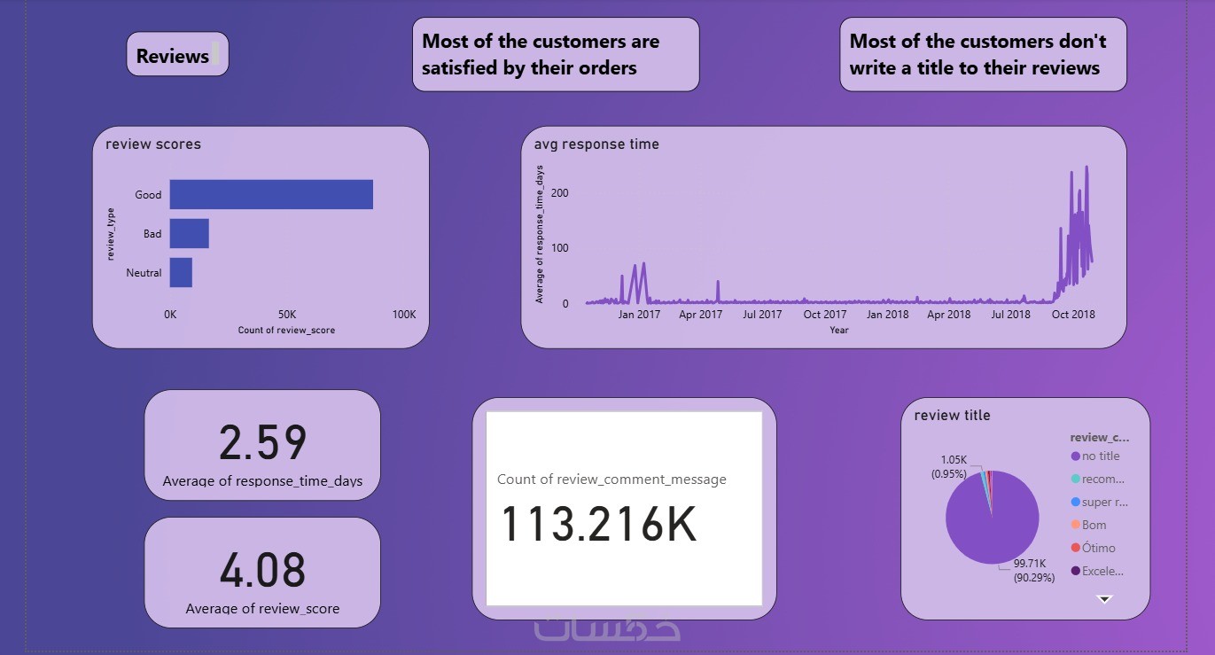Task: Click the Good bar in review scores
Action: pos(271,194)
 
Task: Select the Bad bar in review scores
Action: pos(189,234)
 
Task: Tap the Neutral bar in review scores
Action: pos(181,273)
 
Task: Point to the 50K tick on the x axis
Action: pos(286,315)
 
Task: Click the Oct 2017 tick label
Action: pos(824,315)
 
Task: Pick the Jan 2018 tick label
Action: pos(887,315)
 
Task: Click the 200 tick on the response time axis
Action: pos(559,192)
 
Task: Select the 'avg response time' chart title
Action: pos(596,144)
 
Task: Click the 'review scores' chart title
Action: pos(153,144)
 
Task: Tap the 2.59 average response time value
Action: pos(262,443)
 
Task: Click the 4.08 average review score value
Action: pos(262,571)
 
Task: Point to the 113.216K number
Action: pos(599,524)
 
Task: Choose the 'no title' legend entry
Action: pos(1100,456)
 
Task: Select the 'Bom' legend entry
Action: pos(1094,525)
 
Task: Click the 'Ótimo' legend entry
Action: pos(1098,548)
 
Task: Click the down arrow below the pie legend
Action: pos(1104,599)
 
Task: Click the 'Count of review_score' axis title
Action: pos(286,331)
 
